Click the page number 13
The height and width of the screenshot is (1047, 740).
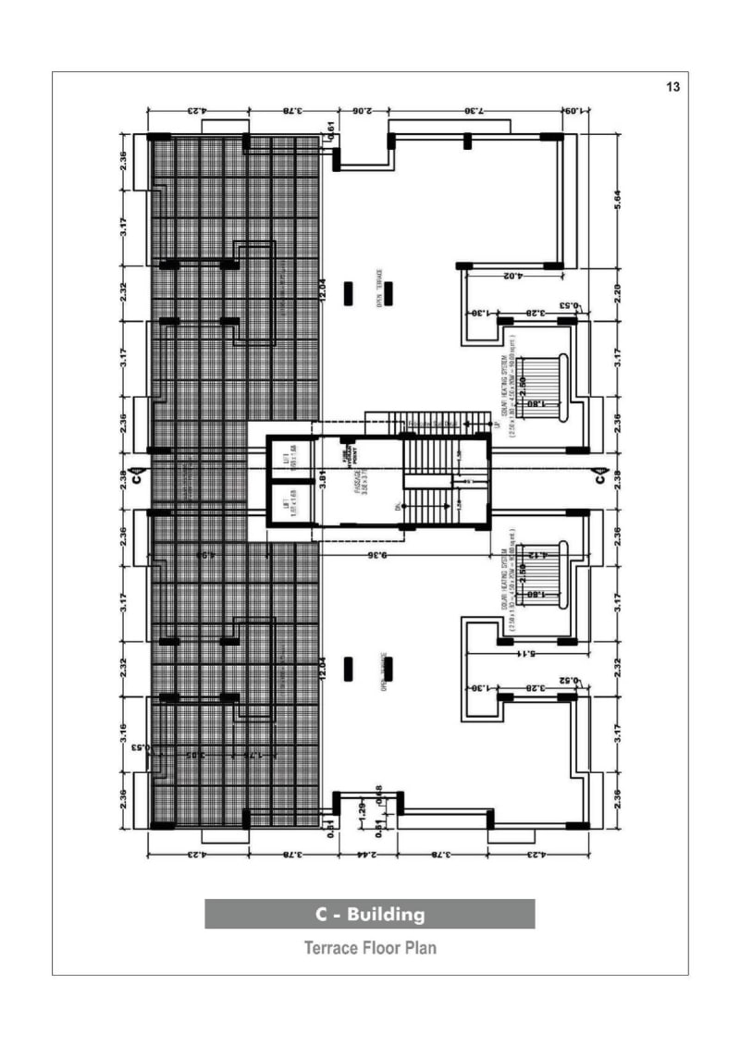[672, 87]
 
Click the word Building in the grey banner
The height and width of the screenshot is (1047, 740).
[388, 915]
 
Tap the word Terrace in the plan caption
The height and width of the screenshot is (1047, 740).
[331, 948]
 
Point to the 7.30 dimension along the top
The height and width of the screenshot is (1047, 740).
[473, 111]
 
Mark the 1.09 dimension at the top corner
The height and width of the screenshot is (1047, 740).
[572, 111]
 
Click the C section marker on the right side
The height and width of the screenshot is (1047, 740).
[599, 479]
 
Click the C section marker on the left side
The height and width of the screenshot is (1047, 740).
[136, 479]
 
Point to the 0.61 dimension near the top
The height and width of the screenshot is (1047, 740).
[329, 129]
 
